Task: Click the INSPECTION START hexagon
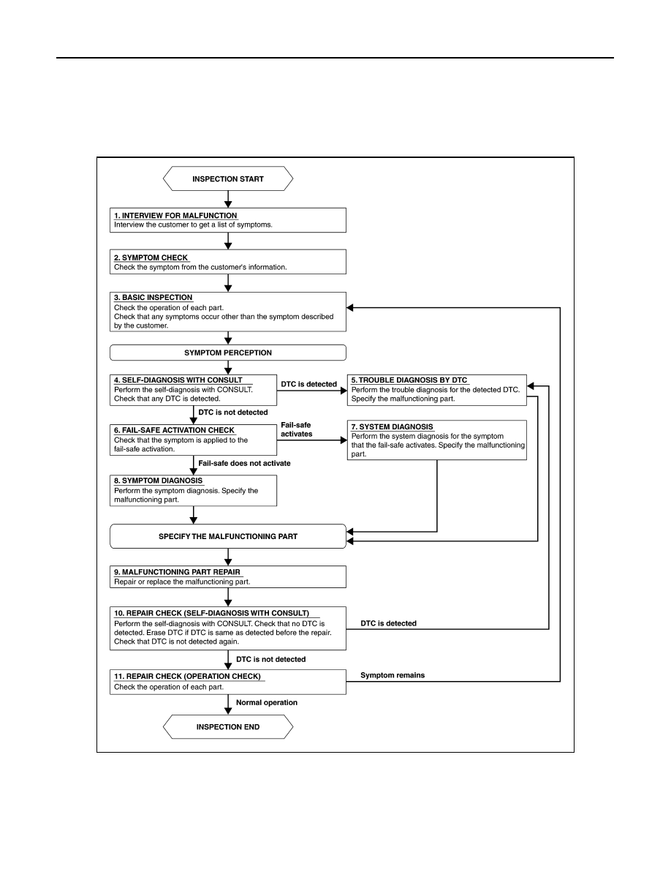(227, 178)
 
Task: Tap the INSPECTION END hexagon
(227, 726)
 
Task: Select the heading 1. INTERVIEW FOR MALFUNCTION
(175, 216)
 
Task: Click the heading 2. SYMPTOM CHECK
(151, 257)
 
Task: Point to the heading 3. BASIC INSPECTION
(153, 298)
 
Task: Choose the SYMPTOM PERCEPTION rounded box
(227, 353)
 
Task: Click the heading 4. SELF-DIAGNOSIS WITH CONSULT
(178, 380)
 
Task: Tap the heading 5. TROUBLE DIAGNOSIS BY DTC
(409, 380)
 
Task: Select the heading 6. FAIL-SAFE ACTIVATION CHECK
(175, 430)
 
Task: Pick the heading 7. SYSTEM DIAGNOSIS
(392, 426)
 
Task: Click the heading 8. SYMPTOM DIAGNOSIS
(159, 481)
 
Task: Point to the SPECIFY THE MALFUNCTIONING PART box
(227, 536)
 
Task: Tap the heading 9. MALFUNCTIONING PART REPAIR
(177, 572)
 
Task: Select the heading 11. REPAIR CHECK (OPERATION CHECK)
(187, 676)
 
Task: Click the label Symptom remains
(393, 675)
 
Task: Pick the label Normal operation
(267, 702)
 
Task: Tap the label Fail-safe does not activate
(244, 463)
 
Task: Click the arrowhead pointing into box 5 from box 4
(344, 390)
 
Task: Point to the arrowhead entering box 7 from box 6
(344, 440)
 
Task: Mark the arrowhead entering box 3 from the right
(350, 307)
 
